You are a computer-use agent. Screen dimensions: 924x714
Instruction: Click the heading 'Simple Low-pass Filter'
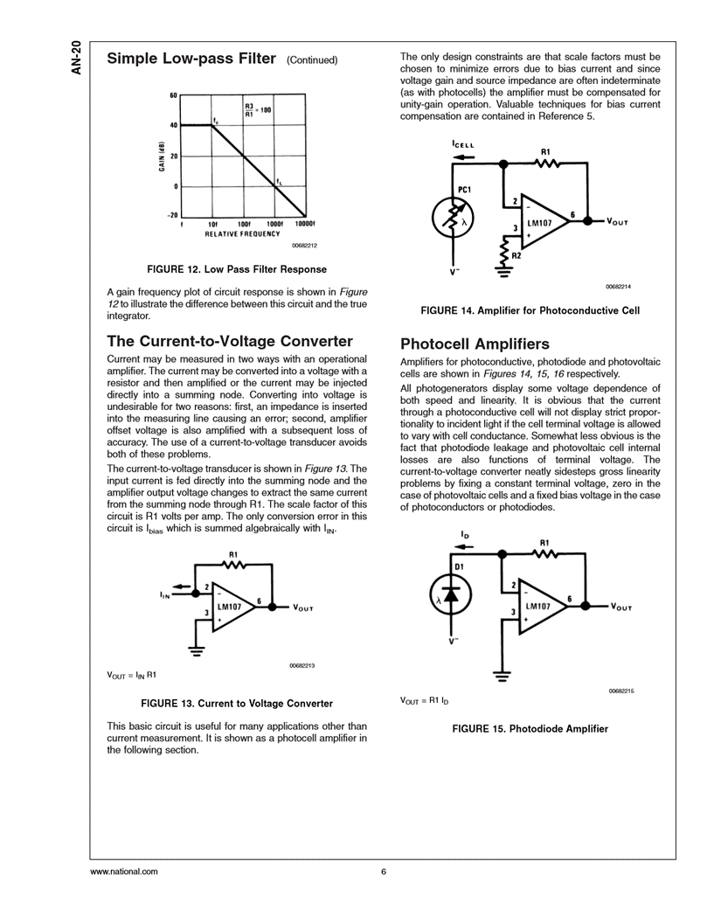pyautogui.click(x=191, y=59)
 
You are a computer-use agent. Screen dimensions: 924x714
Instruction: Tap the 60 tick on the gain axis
pyautogui.click(x=173, y=95)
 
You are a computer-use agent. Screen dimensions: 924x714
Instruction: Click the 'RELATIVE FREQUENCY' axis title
pyautogui.click(x=242, y=234)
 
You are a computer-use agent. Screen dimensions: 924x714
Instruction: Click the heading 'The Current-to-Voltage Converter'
pyautogui.click(x=229, y=341)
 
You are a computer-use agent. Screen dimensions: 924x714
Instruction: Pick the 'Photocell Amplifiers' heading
pyautogui.click(x=475, y=344)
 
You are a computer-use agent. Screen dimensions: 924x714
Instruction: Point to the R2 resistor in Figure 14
pyautogui.click(x=504, y=256)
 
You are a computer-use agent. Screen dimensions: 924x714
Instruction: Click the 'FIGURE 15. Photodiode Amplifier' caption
pyautogui.click(x=529, y=728)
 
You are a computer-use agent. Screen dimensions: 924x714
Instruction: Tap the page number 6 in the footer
pyautogui.click(x=383, y=872)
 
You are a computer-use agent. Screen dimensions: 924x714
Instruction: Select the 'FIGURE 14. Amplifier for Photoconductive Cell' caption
pyautogui.click(x=530, y=310)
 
